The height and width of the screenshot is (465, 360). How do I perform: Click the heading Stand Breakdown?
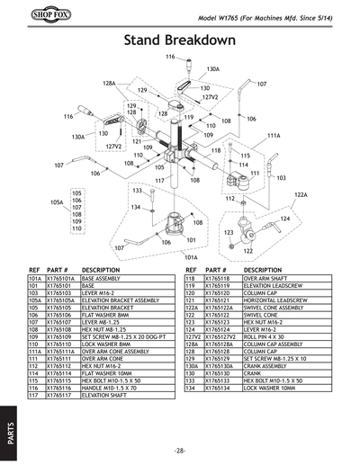click(179, 40)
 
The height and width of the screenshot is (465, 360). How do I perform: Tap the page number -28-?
click(180, 449)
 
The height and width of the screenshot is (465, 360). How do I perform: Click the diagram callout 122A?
click(301, 194)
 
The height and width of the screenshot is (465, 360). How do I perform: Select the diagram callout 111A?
click(274, 135)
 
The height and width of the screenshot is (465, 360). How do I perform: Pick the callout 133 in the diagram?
click(138, 191)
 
